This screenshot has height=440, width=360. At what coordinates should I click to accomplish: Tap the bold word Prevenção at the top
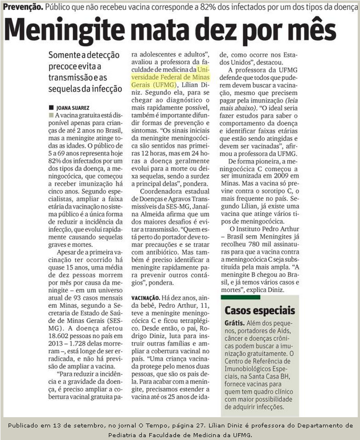click(22, 7)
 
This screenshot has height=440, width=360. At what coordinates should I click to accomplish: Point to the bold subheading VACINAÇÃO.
click(145, 298)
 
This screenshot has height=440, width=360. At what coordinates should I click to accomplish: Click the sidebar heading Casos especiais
click(260, 311)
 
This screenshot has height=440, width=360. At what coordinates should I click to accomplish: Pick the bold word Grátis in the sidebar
click(235, 324)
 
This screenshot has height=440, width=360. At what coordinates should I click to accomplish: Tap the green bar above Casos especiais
click(240, 298)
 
